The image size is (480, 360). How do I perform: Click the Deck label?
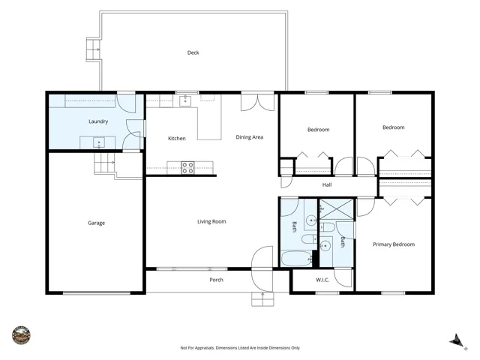point(193,52)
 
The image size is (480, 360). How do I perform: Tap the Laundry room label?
point(98,121)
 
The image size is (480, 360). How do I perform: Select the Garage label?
point(97,223)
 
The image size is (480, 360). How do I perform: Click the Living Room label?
point(211,221)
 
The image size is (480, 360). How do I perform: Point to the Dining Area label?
point(250,137)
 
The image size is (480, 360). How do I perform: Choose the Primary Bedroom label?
point(394,244)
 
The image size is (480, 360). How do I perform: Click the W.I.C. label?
point(322,280)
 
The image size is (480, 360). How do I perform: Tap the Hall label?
point(327,184)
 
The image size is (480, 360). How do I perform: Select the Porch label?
point(217,280)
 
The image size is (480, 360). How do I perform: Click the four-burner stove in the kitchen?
point(187,168)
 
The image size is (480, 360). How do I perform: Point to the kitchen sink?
point(185,100)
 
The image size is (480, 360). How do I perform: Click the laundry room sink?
point(99,142)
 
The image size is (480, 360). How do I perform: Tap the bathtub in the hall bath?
point(296,259)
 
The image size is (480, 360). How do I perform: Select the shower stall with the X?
point(337,209)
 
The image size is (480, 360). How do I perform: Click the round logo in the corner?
point(22,335)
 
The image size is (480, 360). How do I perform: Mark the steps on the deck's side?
point(93,49)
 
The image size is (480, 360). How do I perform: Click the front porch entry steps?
point(262,299)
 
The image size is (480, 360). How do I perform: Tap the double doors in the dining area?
point(258,103)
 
